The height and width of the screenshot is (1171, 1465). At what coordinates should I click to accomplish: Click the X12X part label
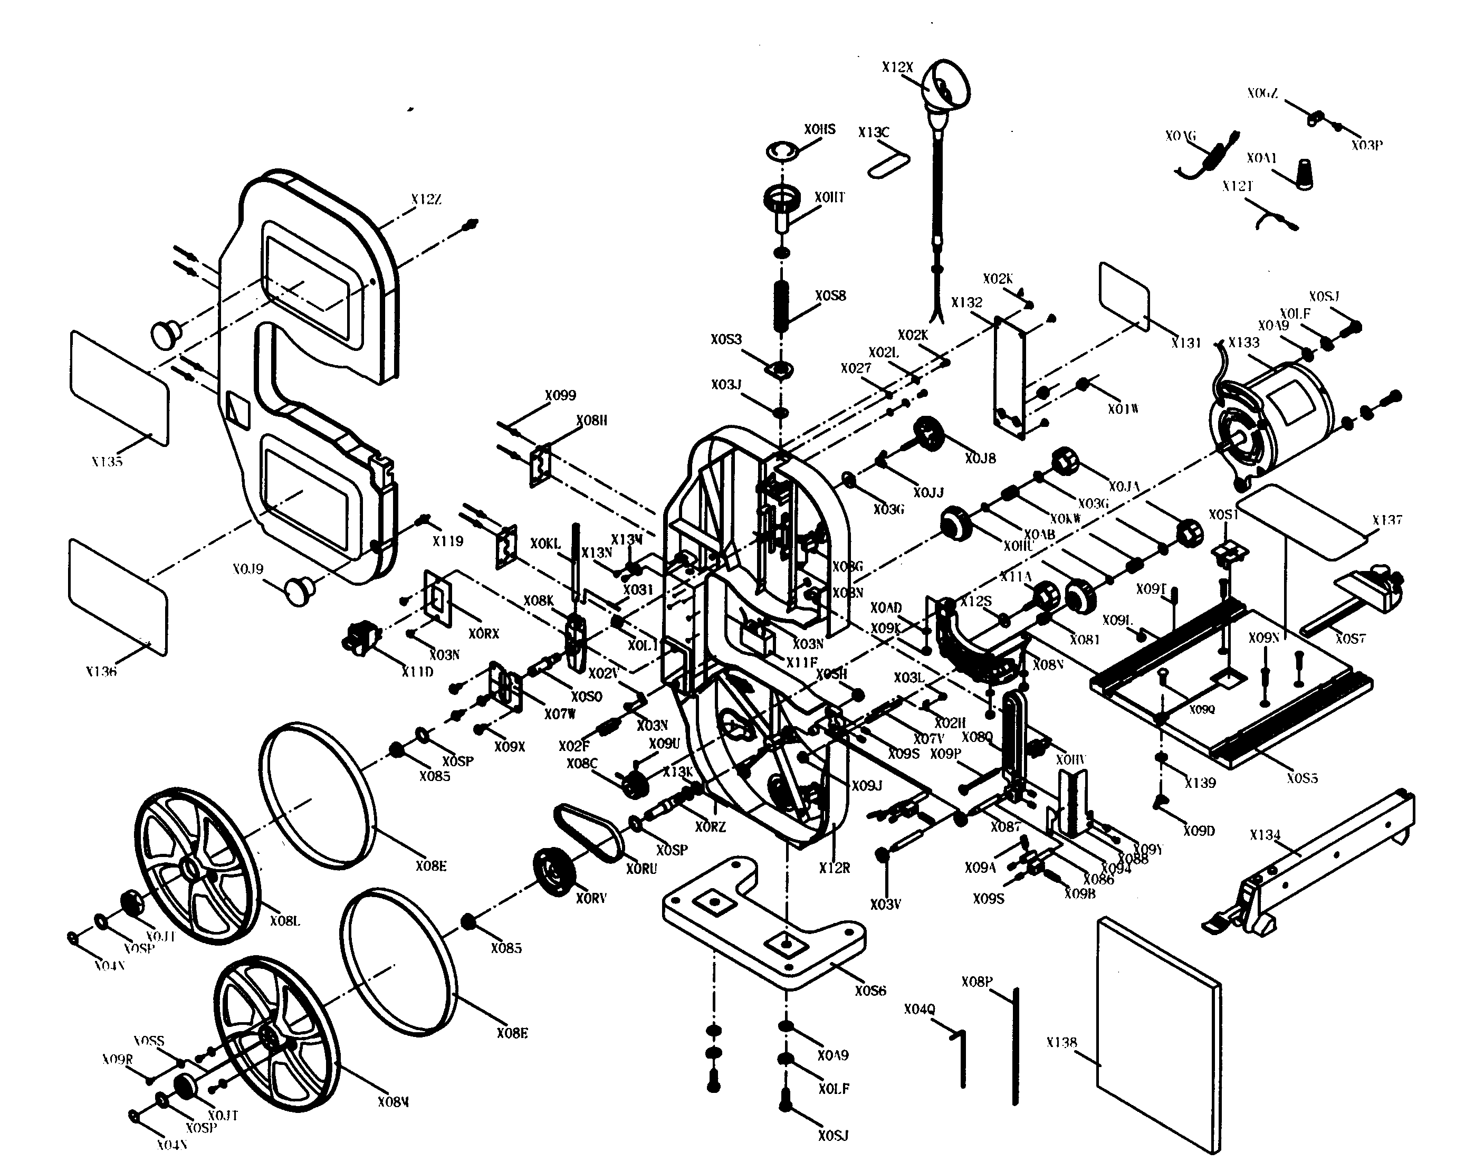point(897,67)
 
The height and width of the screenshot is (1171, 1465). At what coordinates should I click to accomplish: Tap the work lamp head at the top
point(947,85)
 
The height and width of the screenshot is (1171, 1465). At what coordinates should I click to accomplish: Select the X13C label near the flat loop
point(873,132)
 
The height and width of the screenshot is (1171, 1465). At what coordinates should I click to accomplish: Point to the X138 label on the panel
point(1061,1043)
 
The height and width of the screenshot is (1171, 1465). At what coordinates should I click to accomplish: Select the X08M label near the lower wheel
point(392,1102)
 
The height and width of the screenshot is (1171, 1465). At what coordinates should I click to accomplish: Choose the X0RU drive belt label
point(641,869)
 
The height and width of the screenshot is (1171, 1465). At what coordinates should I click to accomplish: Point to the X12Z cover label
point(426,199)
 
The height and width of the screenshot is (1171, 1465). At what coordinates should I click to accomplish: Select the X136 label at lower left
point(101,671)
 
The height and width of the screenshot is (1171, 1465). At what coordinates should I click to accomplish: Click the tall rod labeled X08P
point(1015,1046)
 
